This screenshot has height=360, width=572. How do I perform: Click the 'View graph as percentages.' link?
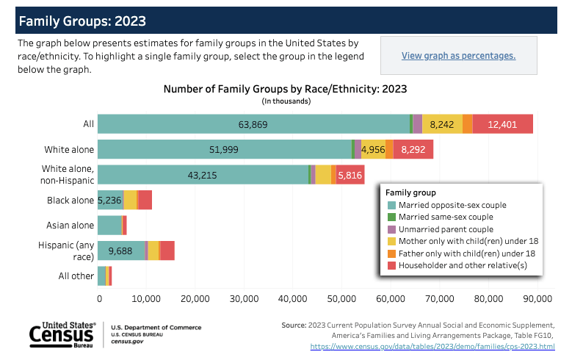point(458,56)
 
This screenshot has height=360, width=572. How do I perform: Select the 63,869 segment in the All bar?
point(253,124)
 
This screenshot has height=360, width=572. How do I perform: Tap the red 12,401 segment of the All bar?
point(503,124)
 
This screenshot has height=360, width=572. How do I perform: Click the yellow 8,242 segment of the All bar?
point(442,124)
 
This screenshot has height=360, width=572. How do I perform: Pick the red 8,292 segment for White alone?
point(413,149)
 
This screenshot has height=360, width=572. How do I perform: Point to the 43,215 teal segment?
point(203,175)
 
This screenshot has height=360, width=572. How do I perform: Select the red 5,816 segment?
point(350,175)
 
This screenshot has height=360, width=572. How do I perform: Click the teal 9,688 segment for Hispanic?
point(121,251)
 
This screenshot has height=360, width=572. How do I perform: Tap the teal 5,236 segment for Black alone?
point(111,200)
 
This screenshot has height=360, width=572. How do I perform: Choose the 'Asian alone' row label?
point(70,226)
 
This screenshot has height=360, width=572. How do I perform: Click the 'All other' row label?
point(76,276)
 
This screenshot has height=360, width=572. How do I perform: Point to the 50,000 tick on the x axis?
point(341,299)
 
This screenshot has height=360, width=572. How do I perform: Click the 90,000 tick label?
point(537,299)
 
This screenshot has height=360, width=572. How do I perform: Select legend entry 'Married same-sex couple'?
point(441,217)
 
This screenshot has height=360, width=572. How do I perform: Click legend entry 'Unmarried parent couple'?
point(441,229)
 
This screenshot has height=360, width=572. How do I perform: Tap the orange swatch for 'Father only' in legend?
point(391,253)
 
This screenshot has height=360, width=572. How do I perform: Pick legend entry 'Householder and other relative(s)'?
point(457,265)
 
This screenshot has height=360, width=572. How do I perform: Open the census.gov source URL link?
point(432,346)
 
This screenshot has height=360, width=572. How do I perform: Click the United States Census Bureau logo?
point(62,334)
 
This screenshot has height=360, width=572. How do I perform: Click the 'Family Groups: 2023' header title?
point(82,21)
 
